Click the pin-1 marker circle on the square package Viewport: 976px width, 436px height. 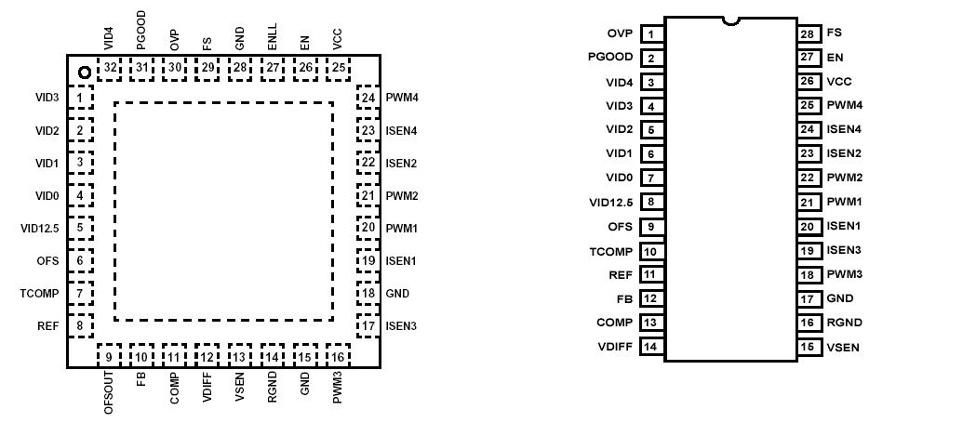(x=84, y=73)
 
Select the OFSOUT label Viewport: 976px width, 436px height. (x=109, y=392)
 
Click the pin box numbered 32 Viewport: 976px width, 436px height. (x=111, y=68)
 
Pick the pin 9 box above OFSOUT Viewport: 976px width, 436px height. (x=109, y=356)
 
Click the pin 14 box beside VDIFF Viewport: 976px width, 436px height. (x=651, y=347)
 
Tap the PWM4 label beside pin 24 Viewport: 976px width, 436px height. (x=401, y=98)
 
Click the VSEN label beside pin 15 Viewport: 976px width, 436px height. (x=843, y=348)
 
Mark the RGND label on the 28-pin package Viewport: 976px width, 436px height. (x=844, y=324)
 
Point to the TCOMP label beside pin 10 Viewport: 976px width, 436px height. (x=610, y=251)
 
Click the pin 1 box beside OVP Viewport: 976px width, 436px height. (x=651, y=34)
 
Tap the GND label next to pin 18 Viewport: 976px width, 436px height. (x=397, y=294)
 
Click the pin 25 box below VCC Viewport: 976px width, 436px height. (x=339, y=68)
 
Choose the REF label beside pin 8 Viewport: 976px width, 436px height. (x=47, y=326)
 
